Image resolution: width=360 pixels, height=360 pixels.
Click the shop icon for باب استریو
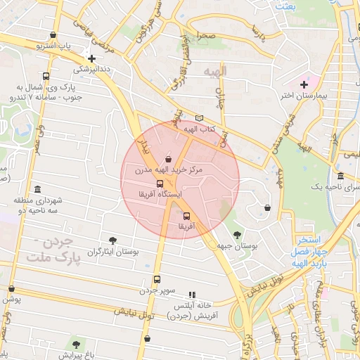tap(53, 34)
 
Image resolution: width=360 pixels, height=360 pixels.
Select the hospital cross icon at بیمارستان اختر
tap(304, 84)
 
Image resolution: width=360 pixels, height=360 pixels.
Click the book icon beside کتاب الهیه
tap(200, 118)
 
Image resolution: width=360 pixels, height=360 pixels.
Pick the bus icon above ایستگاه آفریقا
tap(160, 184)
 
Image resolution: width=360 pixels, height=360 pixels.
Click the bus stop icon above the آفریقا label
tap(186, 217)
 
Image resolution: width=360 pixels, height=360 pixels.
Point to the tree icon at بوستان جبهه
tap(236, 235)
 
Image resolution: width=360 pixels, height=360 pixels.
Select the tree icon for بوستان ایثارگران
tap(112, 240)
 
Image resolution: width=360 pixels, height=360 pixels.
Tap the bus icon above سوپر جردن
tap(156, 279)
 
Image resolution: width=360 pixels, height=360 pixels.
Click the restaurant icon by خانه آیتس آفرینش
tap(193, 295)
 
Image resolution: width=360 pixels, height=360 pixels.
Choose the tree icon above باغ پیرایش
tap(75, 344)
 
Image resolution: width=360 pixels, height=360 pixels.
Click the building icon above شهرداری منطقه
tap(37, 189)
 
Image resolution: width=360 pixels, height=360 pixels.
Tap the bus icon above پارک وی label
tap(46, 76)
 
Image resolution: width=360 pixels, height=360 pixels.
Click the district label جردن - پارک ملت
tap(54, 249)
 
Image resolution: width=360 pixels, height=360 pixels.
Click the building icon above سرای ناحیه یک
tap(340, 175)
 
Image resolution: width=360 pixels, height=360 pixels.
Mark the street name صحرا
tap(205, 34)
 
